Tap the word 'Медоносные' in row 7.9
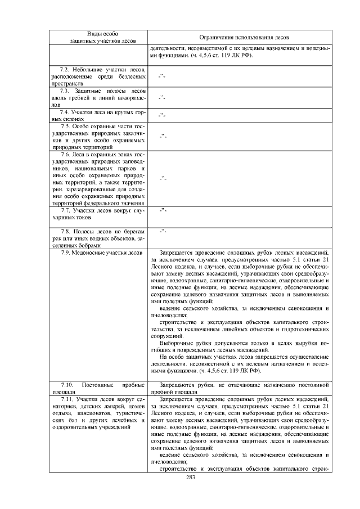pyautogui.click(x=90, y=253)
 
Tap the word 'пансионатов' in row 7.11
pyautogui.click(x=92, y=413)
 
